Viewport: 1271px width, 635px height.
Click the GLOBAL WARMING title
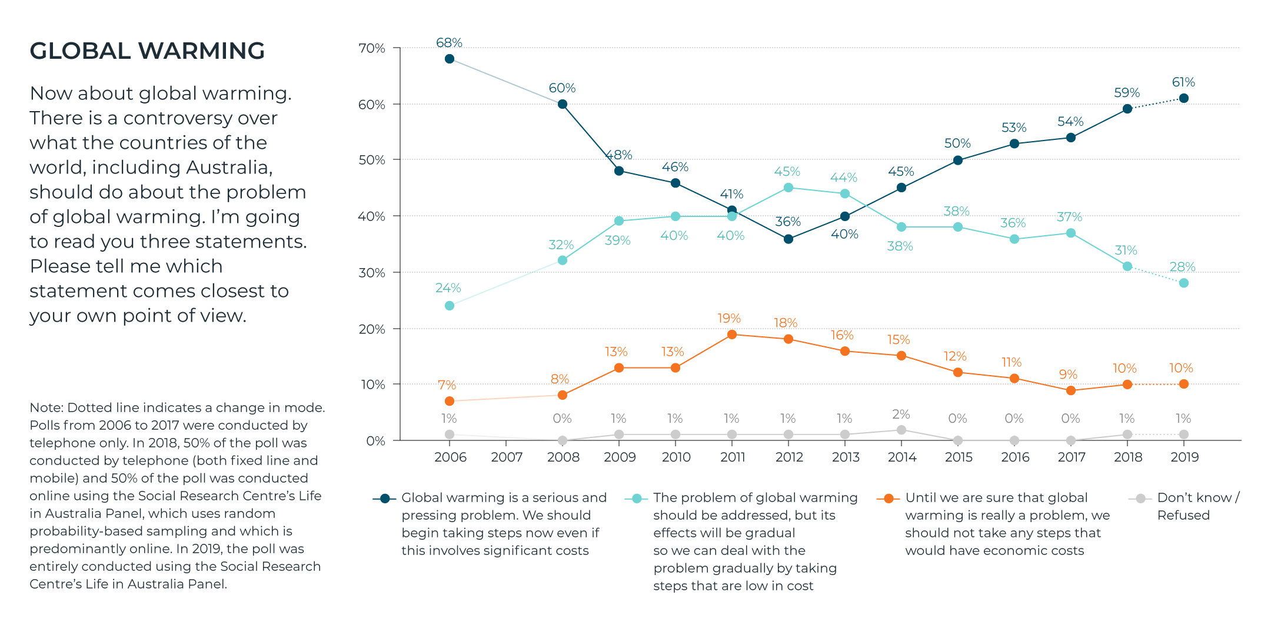tap(147, 51)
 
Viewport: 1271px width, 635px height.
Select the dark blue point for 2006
tap(450, 59)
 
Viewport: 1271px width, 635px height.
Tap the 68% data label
tap(449, 43)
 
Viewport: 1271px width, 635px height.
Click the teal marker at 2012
tap(788, 188)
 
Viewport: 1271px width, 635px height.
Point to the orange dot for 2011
tap(732, 335)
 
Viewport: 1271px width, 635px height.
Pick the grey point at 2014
tap(901, 430)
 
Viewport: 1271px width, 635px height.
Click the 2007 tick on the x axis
tap(507, 457)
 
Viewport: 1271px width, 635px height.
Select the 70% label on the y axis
tap(372, 48)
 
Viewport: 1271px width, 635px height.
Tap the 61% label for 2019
tap(1183, 82)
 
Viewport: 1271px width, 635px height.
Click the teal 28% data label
tap(1182, 267)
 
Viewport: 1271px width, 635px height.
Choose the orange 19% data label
tap(729, 319)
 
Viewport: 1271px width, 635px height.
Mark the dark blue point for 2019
tap(1184, 98)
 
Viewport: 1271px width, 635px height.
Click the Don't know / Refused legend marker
tap(1140, 499)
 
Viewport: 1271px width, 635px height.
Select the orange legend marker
tap(889, 499)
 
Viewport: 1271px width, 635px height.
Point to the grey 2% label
tap(901, 415)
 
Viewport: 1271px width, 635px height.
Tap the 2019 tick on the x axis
tap(1185, 457)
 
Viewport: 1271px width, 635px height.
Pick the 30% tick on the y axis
tap(372, 273)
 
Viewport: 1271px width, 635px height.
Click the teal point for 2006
tap(450, 306)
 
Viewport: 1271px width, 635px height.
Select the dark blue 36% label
tap(788, 222)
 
